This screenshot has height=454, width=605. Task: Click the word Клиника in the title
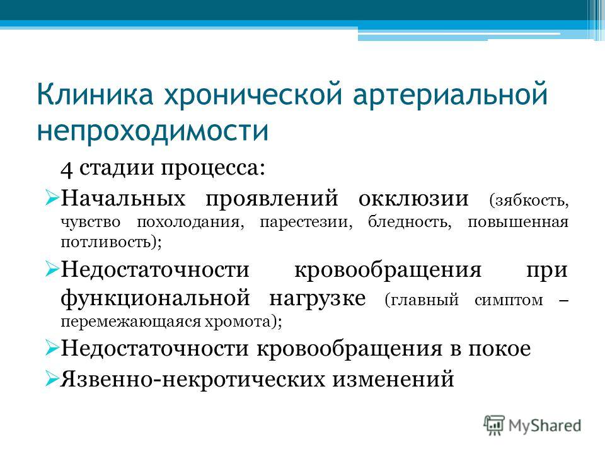click(x=95, y=94)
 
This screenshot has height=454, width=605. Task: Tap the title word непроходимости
click(x=153, y=131)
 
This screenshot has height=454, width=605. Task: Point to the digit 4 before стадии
click(x=66, y=170)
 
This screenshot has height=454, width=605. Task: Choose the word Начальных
click(x=123, y=198)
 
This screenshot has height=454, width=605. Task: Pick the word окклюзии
click(x=413, y=199)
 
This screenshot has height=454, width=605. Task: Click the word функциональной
click(x=155, y=298)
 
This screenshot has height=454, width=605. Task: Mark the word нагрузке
click(x=317, y=299)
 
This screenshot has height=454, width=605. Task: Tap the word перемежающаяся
click(x=130, y=322)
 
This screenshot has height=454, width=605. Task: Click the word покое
click(x=500, y=349)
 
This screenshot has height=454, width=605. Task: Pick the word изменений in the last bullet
click(x=393, y=379)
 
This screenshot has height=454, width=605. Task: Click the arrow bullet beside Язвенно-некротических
click(x=52, y=378)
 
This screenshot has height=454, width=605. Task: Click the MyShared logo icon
click(x=494, y=425)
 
